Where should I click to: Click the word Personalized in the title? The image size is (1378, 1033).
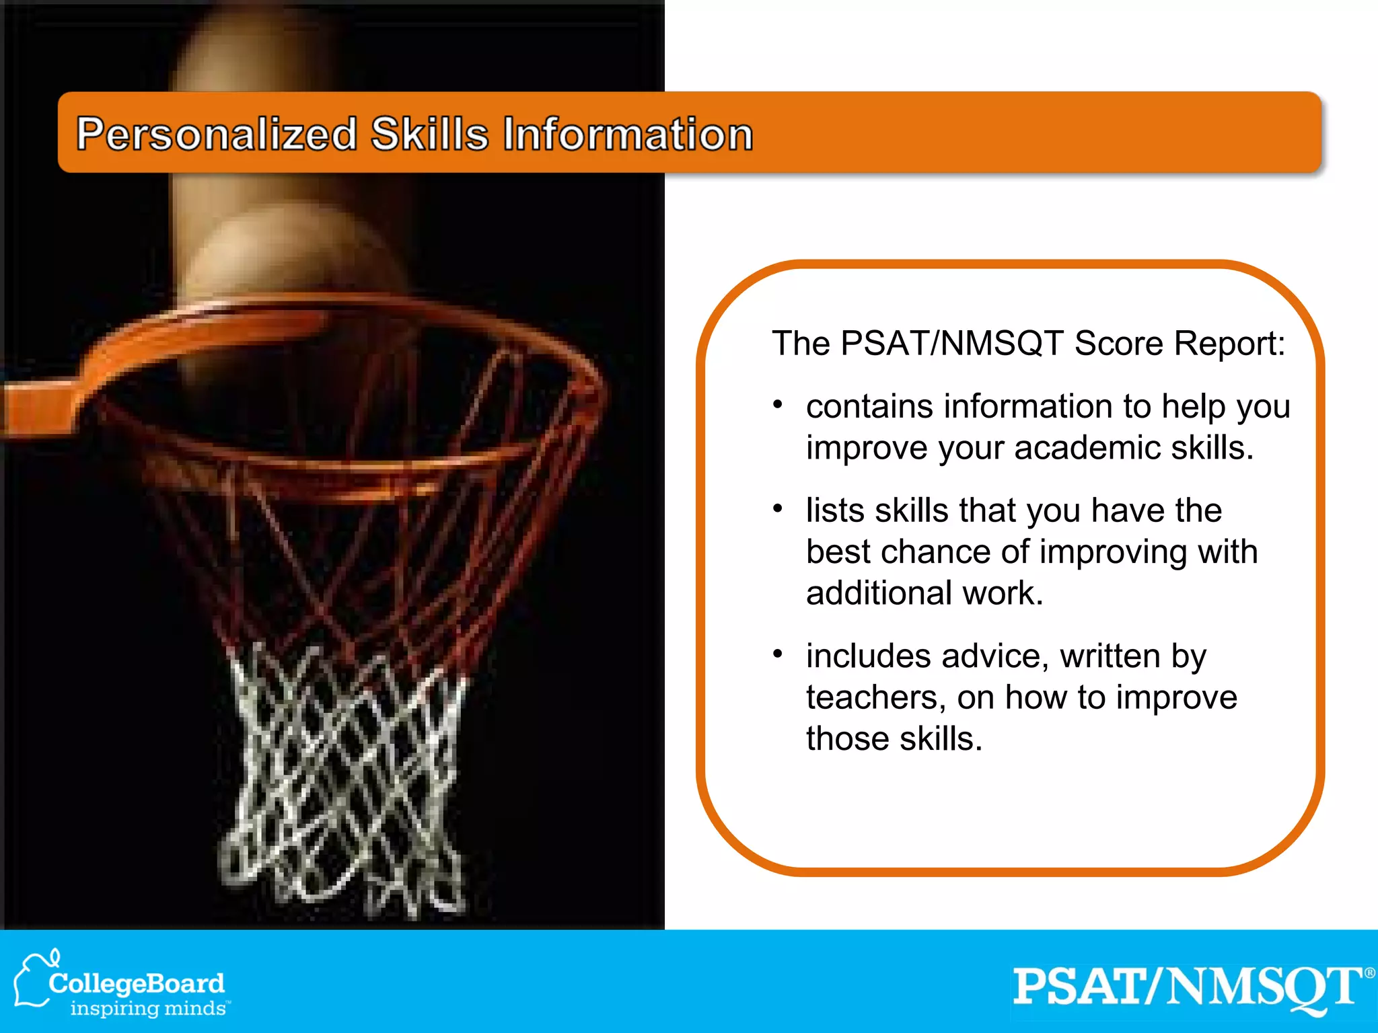pos(217,135)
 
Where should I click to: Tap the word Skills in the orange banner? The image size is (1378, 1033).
pos(429,134)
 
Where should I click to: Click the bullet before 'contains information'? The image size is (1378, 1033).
pos(778,405)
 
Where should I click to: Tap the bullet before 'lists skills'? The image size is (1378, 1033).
pos(778,509)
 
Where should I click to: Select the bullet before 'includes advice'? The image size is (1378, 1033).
pos(778,654)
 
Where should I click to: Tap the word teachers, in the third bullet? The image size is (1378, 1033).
pos(876,697)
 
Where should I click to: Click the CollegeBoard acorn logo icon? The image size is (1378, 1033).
pos(32,981)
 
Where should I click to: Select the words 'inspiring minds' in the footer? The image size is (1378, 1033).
pos(148,1009)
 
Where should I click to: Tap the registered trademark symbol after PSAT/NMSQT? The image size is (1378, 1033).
pos(1369,973)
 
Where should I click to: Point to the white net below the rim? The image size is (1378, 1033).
pos(343,773)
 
